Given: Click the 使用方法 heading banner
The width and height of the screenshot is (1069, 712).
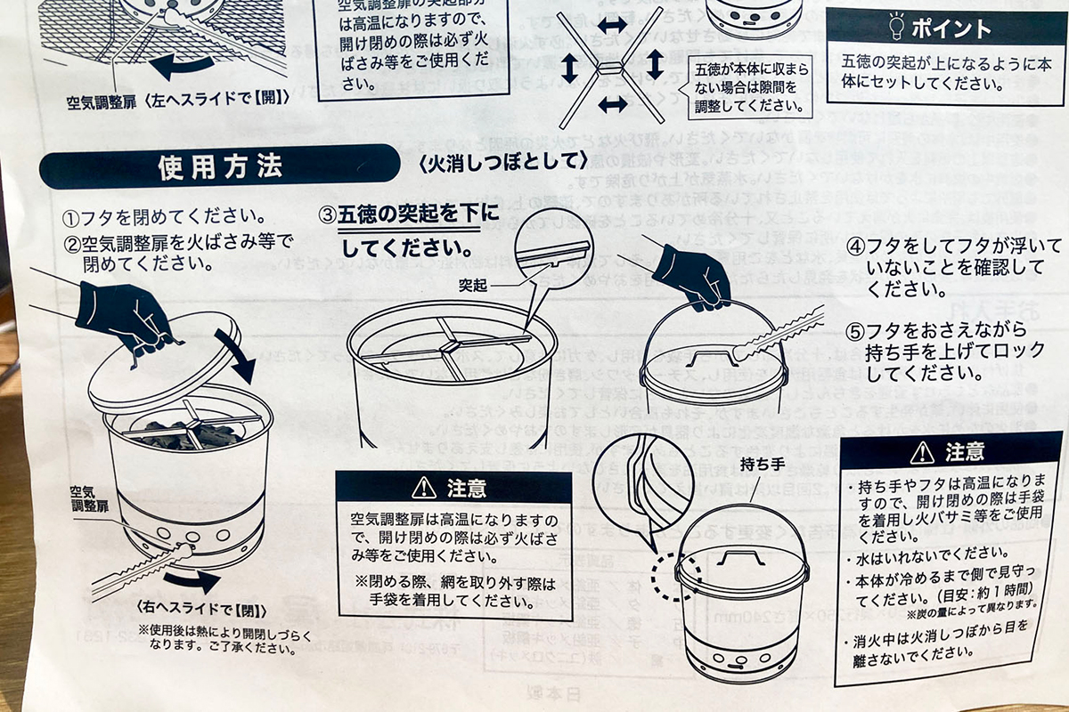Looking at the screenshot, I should point(218,166).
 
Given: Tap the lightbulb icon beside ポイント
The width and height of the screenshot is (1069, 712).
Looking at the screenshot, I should point(894,28).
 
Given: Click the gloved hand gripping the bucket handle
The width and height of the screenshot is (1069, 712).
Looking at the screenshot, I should point(692,274).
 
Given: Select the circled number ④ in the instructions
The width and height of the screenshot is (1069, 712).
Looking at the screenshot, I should point(855,246).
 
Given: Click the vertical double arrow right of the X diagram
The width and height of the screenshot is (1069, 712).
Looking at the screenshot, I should point(655,64).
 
